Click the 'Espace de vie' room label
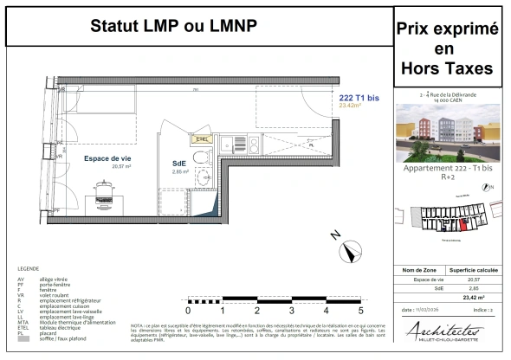[x=107, y=158]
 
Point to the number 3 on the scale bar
[x=291, y=309]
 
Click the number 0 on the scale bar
[x=189, y=309]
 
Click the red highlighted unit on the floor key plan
[x=461, y=226]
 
